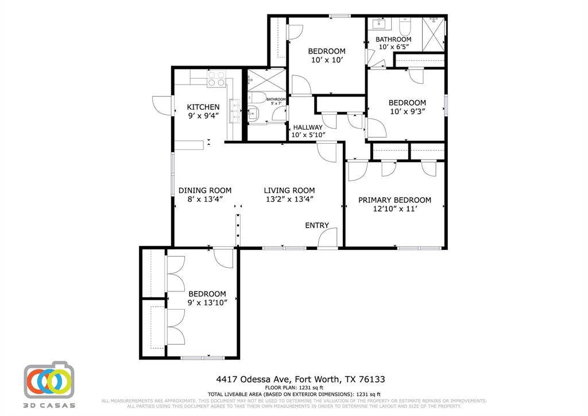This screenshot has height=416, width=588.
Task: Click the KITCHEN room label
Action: point(203,107)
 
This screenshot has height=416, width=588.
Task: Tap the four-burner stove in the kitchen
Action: point(216,79)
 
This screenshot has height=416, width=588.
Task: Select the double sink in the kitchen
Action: point(235,111)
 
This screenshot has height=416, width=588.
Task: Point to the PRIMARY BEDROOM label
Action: point(394,200)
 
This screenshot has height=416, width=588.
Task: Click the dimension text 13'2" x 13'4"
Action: point(289,199)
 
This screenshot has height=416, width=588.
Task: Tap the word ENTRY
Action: point(317,225)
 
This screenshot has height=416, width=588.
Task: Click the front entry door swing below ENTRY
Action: point(327,239)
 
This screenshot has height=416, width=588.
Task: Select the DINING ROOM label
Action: point(204,190)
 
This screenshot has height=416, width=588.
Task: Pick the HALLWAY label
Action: point(308,127)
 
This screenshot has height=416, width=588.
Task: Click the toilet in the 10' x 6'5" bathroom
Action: point(404,26)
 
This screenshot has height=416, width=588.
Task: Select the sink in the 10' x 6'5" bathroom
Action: point(380,24)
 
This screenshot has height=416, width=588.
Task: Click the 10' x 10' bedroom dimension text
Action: point(326,60)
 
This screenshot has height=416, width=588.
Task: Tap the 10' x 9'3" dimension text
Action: point(407,111)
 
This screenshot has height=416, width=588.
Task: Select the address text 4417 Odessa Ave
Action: point(253,379)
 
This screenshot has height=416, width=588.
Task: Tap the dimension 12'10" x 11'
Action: point(394,209)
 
